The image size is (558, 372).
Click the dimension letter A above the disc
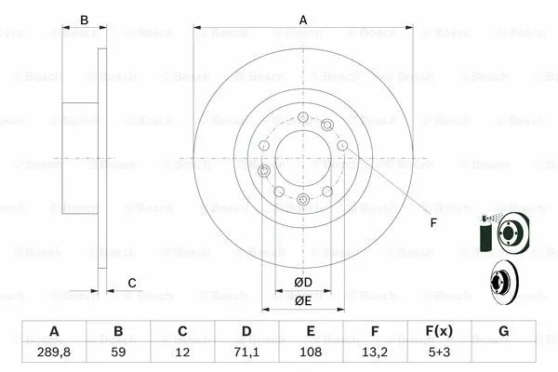pyautogui.click(x=302, y=20)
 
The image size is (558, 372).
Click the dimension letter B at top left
pyautogui.click(x=83, y=20)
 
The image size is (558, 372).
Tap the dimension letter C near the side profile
pyautogui.click(x=132, y=283)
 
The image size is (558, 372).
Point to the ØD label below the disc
pyautogui.click(x=302, y=282)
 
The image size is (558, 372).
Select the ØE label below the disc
pyautogui.click(x=302, y=300)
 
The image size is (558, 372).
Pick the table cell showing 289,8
pyautogui.click(x=54, y=352)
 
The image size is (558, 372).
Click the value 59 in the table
pyautogui.click(x=118, y=352)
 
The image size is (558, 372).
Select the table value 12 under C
pyautogui.click(x=182, y=352)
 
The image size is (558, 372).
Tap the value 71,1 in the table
pyautogui.click(x=246, y=352)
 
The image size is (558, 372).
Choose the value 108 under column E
pyautogui.click(x=311, y=352)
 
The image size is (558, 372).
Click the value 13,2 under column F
pyautogui.click(x=375, y=352)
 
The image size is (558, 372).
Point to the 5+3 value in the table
pyautogui.click(x=439, y=352)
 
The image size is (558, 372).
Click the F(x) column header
pyautogui.click(x=439, y=332)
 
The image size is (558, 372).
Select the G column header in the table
pyautogui.click(x=503, y=332)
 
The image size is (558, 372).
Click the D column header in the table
pyautogui.click(x=246, y=332)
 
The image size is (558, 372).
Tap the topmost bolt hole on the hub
pyautogui.click(x=303, y=116)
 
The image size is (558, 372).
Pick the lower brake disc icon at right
pyautogui.click(x=505, y=280)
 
